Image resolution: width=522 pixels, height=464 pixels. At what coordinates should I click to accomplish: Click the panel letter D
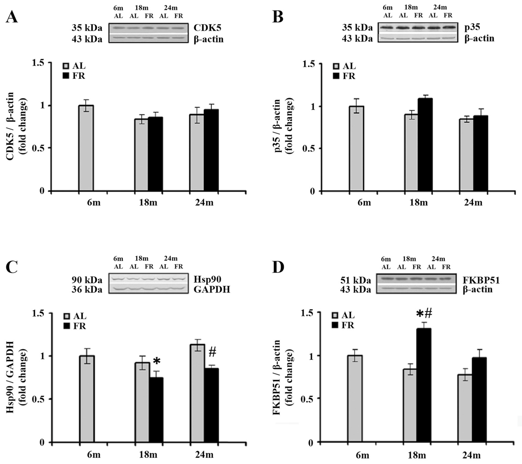tap(278, 267)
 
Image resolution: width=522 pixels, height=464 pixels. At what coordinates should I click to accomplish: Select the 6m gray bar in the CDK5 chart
tap(86, 148)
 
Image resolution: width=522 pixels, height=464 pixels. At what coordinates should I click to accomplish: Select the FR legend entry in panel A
tap(74, 76)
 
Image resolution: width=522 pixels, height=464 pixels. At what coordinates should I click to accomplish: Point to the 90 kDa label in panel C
tap(87, 280)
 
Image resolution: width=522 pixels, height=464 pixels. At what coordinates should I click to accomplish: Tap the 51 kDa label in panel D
tap(355, 280)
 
